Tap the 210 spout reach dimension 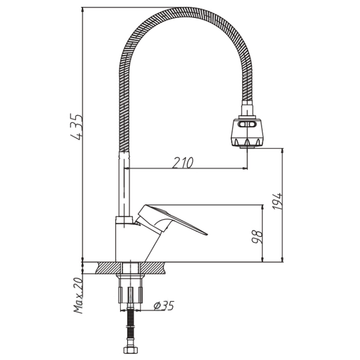click(183, 163)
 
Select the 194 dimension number click(277, 202)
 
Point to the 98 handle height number click(257, 237)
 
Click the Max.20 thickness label click(78, 295)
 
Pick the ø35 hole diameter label click(164, 305)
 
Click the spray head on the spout click(247, 133)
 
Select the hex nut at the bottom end click(131, 350)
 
